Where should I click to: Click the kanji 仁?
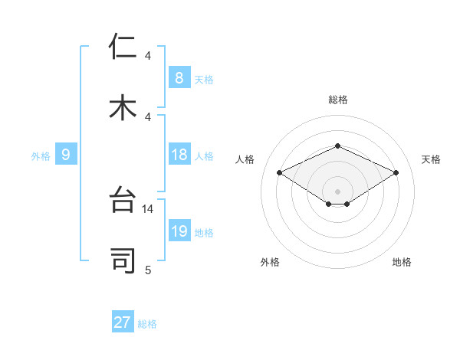tap(123, 47)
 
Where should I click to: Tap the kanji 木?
tap(123, 108)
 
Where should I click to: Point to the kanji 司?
tap(123, 261)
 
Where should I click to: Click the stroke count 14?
tap(148, 208)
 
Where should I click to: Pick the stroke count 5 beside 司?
tap(148, 270)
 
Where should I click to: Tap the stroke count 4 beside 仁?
tap(148, 56)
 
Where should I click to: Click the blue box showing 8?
tap(179, 77)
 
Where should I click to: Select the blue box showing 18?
tap(179, 155)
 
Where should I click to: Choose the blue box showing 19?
tap(179, 231)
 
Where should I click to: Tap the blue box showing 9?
tap(66, 155)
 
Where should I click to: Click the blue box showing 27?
tap(123, 322)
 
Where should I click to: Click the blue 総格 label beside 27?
tap(147, 324)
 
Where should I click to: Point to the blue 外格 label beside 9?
tap(41, 156)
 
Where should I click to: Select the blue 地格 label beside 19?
tap(205, 233)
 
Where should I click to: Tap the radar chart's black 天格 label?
tap(431, 159)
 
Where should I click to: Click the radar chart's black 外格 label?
tap(270, 262)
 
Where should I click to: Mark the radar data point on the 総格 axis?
tap(337, 146)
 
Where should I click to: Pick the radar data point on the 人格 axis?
tap(280, 172)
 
